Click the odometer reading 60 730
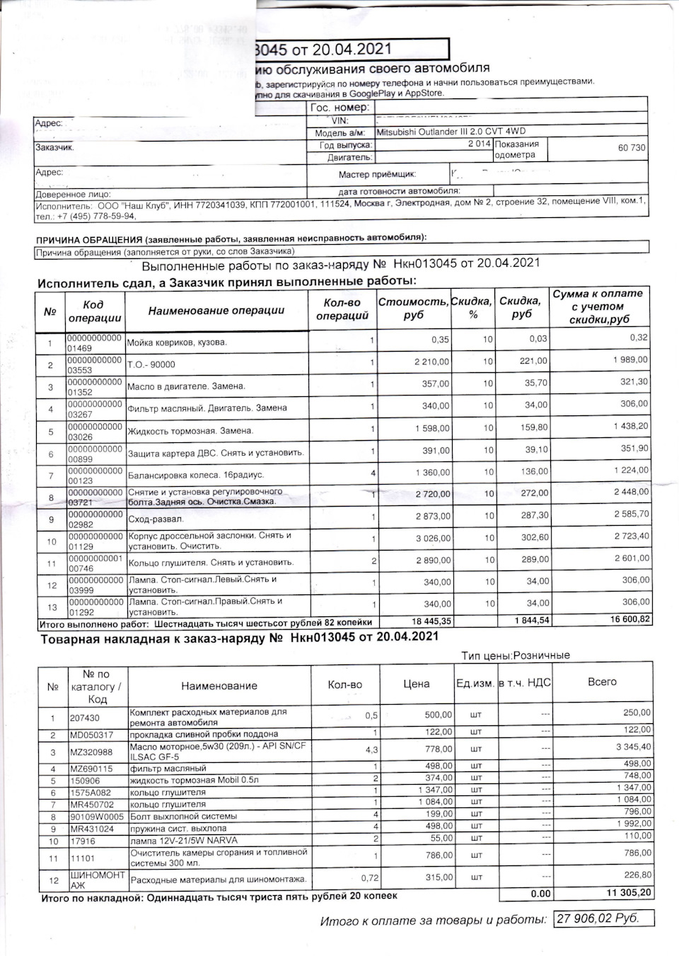click(x=631, y=148)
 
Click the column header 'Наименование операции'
click(x=216, y=311)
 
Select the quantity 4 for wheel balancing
click(x=373, y=473)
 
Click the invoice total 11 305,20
click(x=629, y=893)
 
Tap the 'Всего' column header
click(x=602, y=682)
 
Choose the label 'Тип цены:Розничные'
click(x=515, y=655)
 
